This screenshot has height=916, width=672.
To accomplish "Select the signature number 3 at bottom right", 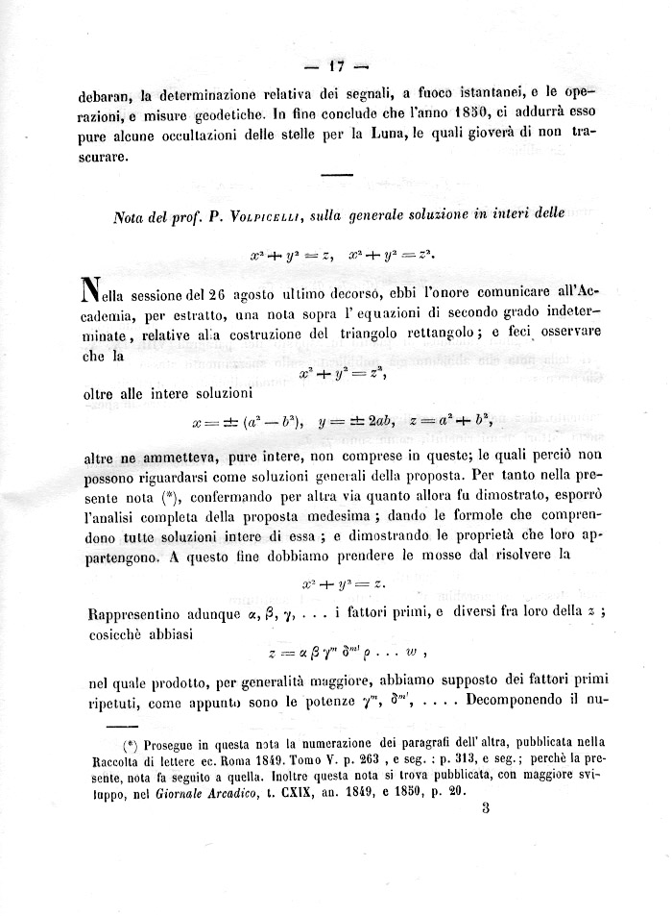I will pos(487,809).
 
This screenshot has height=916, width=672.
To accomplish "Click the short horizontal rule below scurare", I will pos(335,174).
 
